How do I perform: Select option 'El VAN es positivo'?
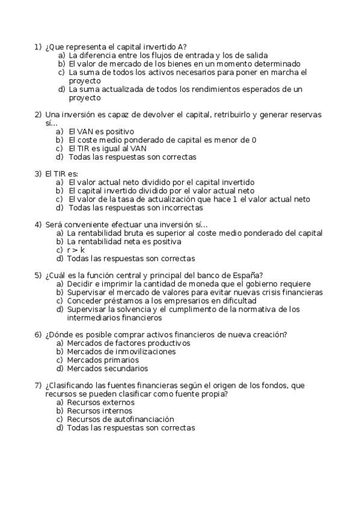pyautogui.click(x=102, y=131)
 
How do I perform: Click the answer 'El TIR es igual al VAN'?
pyautogui.click(x=108, y=148)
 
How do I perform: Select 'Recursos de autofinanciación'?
pyautogui.click(x=120, y=419)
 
